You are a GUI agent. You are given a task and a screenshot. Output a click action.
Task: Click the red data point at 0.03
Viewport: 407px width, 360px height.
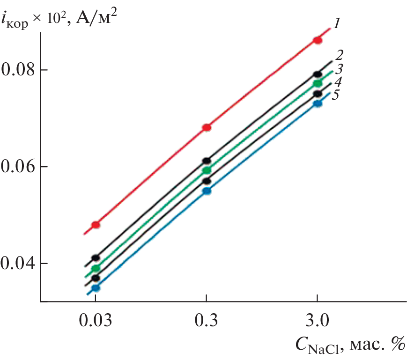(x=96, y=225)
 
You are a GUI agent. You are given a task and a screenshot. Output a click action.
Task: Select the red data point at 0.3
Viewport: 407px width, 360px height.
(x=207, y=128)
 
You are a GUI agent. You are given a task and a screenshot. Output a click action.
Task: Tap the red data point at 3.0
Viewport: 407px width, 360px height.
(x=318, y=40)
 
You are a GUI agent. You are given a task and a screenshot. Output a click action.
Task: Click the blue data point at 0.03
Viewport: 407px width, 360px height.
(x=96, y=288)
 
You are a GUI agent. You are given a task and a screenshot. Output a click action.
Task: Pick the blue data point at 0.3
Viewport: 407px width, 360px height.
(x=207, y=191)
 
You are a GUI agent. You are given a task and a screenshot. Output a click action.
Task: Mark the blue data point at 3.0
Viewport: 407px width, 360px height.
(x=318, y=103)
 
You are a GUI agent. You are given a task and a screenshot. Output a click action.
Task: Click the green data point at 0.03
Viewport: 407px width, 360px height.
(x=96, y=268)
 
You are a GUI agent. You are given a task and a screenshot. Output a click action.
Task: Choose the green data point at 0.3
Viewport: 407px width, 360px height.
(x=207, y=170)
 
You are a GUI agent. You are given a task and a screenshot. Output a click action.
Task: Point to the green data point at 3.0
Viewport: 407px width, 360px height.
(x=318, y=83)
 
